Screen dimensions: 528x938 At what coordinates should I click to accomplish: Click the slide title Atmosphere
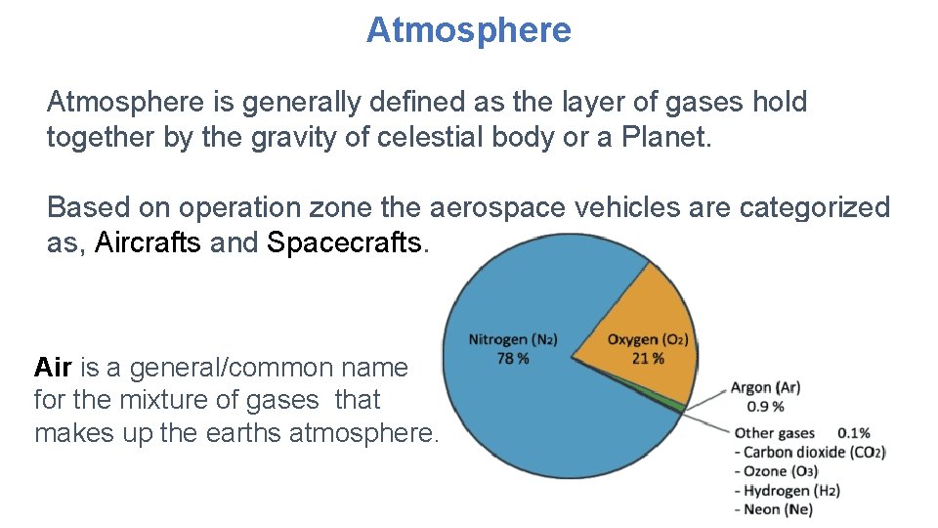pos(468,30)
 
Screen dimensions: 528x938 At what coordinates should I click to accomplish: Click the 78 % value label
pos(512,359)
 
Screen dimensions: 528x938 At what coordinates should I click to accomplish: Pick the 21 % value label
pos(647,359)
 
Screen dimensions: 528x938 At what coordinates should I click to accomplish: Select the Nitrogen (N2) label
pos(513,340)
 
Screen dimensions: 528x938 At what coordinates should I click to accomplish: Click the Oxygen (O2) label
pos(648,340)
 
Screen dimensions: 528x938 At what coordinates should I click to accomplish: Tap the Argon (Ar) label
pos(765,388)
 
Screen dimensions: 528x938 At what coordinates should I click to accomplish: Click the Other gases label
pos(774,432)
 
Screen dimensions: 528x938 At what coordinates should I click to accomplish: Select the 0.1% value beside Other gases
pos(853,432)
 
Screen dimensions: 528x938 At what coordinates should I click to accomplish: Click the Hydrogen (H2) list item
pos(790,491)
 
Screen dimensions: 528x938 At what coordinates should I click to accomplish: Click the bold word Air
pos(53,368)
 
